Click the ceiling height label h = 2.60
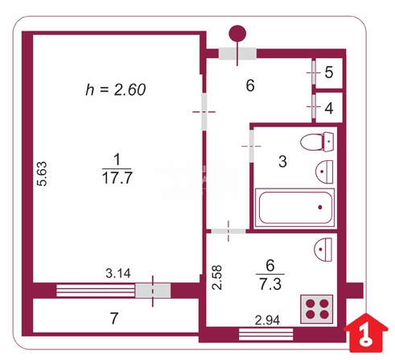116,89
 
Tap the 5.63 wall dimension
42,174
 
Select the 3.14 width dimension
118,273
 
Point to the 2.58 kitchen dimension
217,278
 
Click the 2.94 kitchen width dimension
267,320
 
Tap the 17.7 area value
117,178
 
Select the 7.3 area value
270,284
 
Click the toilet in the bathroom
317,142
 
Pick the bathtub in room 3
294,208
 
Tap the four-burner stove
317,308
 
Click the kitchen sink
323,250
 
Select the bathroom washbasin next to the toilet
324,172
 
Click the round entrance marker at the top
237,34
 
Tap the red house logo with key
366,333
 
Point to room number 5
329,72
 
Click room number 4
329,108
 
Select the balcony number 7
114,318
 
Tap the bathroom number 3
282,161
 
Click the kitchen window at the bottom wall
265,334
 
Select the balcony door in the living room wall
153,291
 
